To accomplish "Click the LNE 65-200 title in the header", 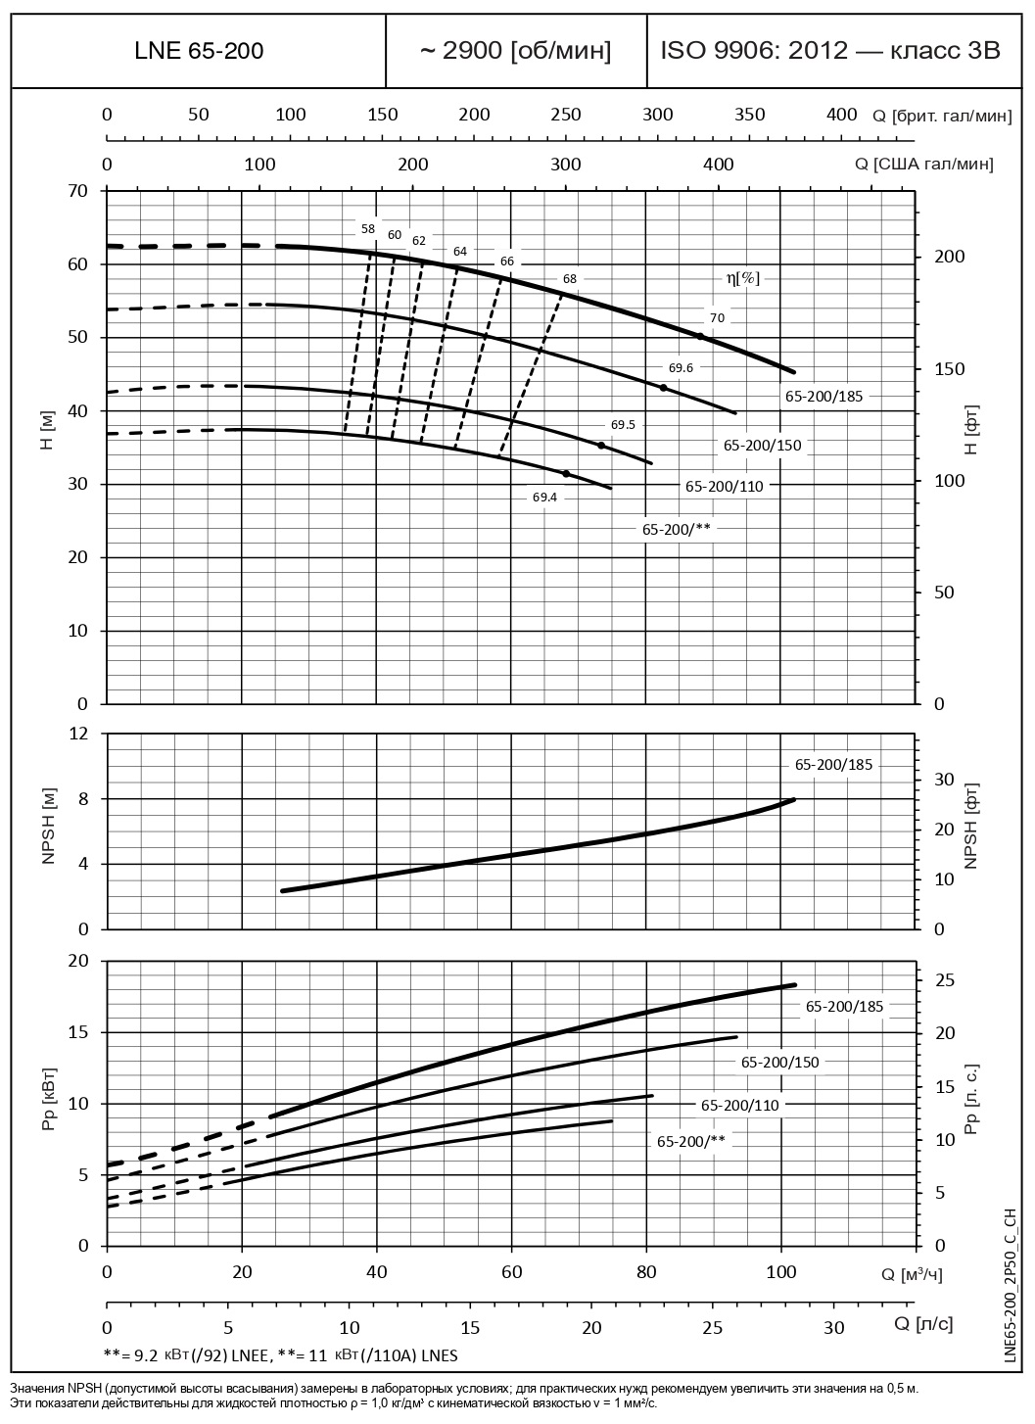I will click(x=199, y=51).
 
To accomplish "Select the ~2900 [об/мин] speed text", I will click(x=516, y=51).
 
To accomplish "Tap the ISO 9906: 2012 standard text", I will click(x=830, y=51).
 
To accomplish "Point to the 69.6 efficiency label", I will click(x=681, y=368).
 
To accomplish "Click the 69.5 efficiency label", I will click(x=623, y=425).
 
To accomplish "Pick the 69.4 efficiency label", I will click(x=544, y=498).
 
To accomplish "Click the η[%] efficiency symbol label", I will click(x=742, y=278).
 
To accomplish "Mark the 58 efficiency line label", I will click(x=367, y=229).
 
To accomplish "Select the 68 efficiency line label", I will click(x=570, y=278).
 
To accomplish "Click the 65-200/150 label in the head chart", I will click(x=762, y=446).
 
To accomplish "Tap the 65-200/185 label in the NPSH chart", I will click(x=832, y=765).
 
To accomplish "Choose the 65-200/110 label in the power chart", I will click(x=740, y=1105).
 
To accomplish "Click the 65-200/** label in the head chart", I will click(x=677, y=528).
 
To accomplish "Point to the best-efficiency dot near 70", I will click(x=700, y=336).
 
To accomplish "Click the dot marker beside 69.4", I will click(x=566, y=474).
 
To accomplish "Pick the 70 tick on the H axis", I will click(x=77, y=190).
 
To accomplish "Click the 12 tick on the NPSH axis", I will click(x=78, y=734).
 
